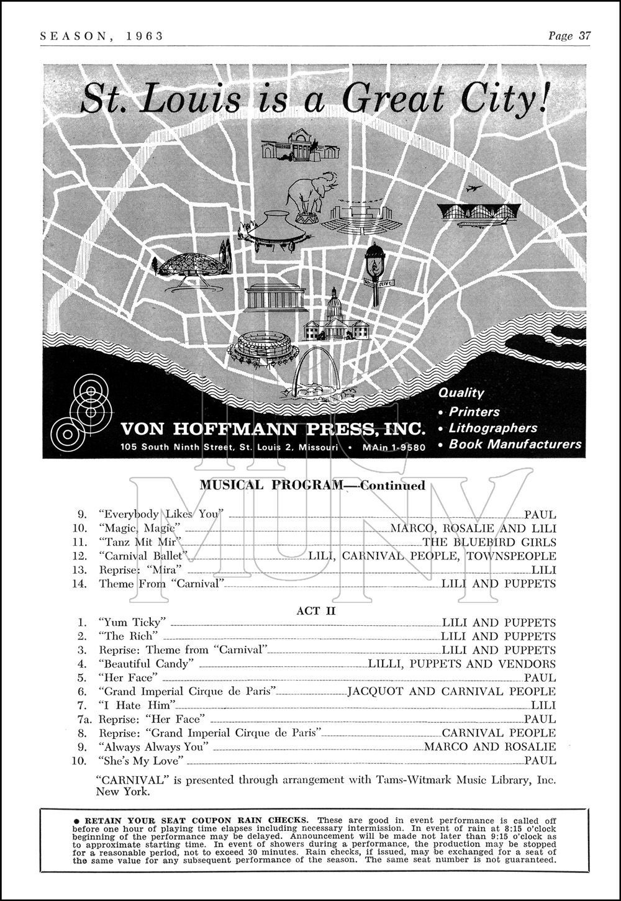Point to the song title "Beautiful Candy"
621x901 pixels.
click(143, 664)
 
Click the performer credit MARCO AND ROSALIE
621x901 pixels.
click(490, 747)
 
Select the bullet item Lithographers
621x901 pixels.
click(492, 428)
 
